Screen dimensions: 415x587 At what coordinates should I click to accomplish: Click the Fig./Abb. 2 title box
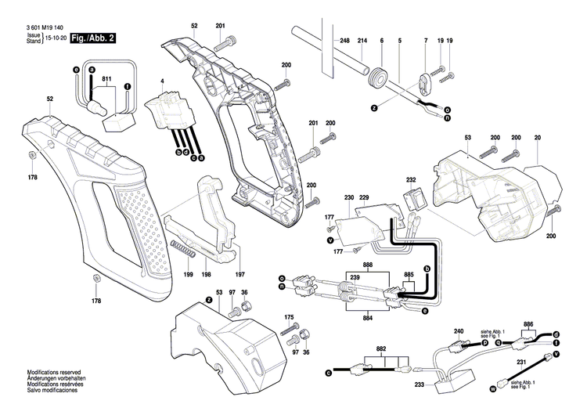tap(93, 38)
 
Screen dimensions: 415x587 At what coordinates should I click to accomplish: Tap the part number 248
tap(344, 40)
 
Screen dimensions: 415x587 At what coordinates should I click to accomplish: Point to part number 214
tap(362, 40)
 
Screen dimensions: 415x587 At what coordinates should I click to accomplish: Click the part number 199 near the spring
tap(188, 276)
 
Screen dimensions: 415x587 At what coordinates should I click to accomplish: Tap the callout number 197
tap(240, 276)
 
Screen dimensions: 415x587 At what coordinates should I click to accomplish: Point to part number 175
tap(289, 316)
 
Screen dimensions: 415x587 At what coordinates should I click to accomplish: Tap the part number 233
tap(420, 384)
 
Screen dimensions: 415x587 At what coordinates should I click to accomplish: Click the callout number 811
tap(106, 81)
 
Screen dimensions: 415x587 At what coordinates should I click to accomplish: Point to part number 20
tap(538, 137)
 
